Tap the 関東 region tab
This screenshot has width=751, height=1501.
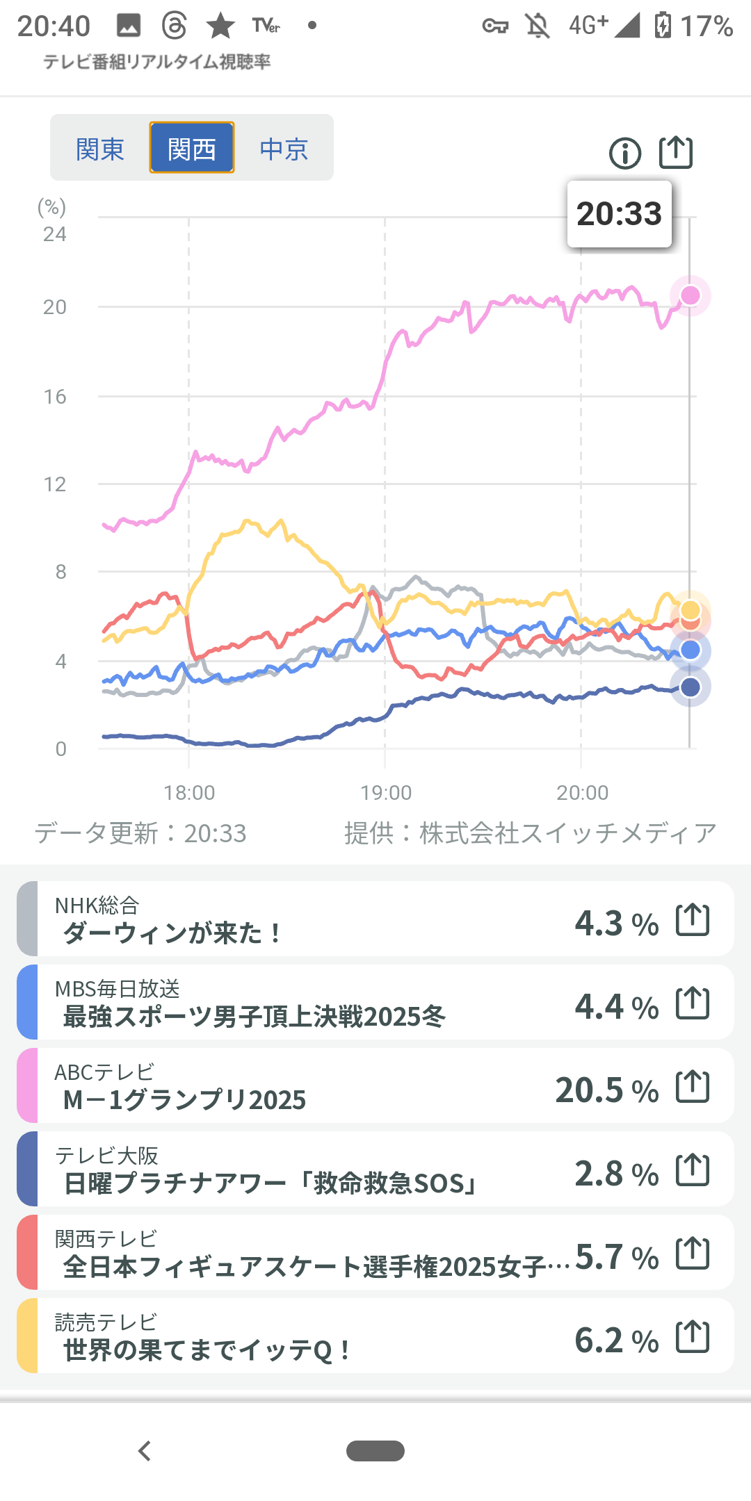[100, 149]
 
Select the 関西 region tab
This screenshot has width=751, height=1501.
[192, 148]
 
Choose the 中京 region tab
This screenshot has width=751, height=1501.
[284, 149]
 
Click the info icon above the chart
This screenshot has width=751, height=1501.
[625, 153]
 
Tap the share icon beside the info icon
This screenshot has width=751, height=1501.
[676, 152]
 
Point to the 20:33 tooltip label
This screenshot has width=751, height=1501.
[619, 214]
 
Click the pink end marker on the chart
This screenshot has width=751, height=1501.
[691, 295]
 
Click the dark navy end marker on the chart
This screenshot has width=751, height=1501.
[691, 687]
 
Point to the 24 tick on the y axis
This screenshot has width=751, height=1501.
[55, 234]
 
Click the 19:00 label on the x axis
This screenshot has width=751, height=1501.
[386, 793]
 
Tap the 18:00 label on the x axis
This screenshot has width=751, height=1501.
[189, 793]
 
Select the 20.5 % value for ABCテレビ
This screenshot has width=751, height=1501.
[606, 1090]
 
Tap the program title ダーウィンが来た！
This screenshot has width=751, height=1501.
[172, 933]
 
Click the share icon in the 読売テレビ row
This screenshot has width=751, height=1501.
[693, 1336]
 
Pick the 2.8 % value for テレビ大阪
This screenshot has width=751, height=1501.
[616, 1173]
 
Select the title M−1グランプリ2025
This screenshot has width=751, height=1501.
[184, 1099]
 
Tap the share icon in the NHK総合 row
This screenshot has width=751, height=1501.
[693, 920]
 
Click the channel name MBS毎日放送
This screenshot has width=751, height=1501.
[118, 988]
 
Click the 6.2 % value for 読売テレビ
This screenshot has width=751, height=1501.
[616, 1340]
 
